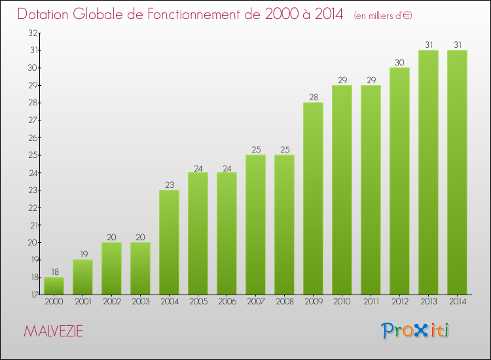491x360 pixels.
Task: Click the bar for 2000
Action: coord(54,286)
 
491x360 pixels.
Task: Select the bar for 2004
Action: coord(169,242)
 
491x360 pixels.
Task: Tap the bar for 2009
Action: coord(313,198)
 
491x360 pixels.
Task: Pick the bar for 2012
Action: coord(399,181)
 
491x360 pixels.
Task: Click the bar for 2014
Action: coord(457,172)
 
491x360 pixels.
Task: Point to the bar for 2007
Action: coord(255,225)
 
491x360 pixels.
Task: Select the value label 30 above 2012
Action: coord(399,62)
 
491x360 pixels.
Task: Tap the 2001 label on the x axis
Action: coord(82,302)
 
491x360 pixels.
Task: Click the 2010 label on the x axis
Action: coord(342,302)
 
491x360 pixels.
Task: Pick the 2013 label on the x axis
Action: coord(428,302)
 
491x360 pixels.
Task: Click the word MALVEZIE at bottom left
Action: coord(53,331)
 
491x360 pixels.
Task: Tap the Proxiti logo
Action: coord(416,331)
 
